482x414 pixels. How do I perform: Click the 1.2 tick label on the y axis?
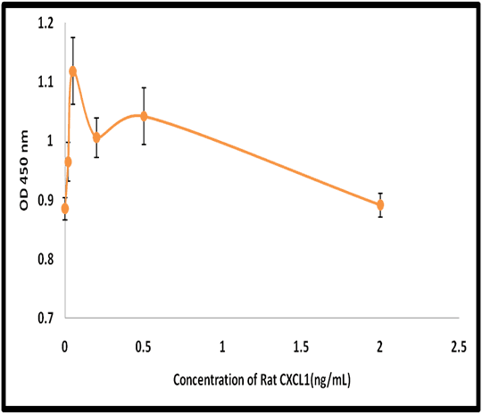tap(46, 24)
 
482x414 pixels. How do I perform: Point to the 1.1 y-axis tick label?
tap(46, 82)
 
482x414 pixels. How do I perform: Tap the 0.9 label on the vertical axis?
tap(46, 201)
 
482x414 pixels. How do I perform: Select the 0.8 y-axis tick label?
tap(46, 259)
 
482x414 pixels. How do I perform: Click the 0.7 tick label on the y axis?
tap(46, 319)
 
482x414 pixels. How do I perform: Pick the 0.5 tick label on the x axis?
tap(144, 347)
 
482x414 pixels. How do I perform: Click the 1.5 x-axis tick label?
tap(302, 347)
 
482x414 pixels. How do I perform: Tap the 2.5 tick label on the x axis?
tap(459, 347)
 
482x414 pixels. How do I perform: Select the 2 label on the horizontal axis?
tap(380, 347)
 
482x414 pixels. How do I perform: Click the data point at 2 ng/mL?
tap(380, 204)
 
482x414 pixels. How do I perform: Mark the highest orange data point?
tap(73, 71)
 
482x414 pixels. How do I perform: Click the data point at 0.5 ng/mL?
tap(144, 116)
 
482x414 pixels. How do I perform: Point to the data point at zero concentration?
tap(65, 209)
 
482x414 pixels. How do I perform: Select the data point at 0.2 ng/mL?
tap(96, 137)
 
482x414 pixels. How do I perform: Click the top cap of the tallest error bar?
tap(73, 37)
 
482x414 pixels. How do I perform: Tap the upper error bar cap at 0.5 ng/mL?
tap(144, 87)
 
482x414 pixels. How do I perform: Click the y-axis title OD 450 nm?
tap(24, 170)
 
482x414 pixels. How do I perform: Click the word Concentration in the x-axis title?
tap(210, 380)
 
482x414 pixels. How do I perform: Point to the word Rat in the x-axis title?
tap(269, 380)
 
